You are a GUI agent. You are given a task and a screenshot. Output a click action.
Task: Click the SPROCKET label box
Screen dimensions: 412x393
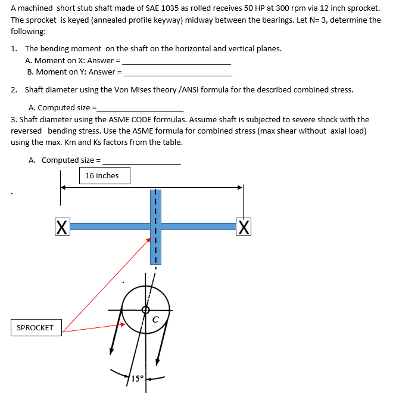pyautogui.click(x=36, y=328)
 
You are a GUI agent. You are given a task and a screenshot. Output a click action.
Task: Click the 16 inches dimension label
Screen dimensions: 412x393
pyautogui.click(x=102, y=176)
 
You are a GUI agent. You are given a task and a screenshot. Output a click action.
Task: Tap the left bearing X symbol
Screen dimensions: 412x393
pyautogui.click(x=60, y=227)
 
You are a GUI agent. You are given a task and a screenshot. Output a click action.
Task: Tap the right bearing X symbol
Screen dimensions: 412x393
pyautogui.click(x=243, y=227)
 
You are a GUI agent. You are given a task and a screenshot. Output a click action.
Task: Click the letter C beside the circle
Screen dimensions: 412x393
pyautogui.click(x=155, y=319)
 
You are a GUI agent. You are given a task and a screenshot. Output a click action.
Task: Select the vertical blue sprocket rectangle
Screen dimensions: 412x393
pyautogui.click(x=155, y=227)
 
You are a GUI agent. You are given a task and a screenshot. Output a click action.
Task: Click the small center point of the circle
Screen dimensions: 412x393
pyautogui.click(x=145, y=309)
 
